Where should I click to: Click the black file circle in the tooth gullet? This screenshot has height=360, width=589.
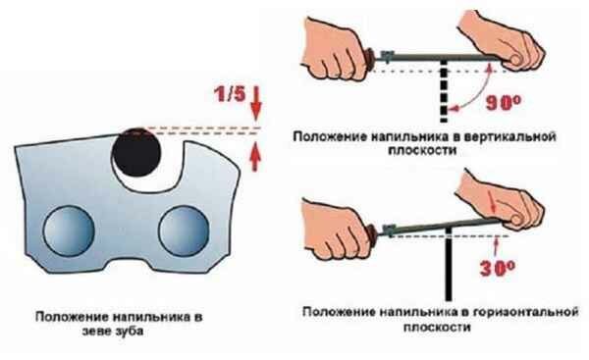pyautogui.click(x=136, y=152)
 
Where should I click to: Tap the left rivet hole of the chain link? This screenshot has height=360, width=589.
pyautogui.click(x=69, y=231)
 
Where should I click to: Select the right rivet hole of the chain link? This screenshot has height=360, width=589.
pyautogui.click(x=184, y=231)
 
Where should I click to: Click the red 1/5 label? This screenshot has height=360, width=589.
pyautogui.click(x=229, y=94)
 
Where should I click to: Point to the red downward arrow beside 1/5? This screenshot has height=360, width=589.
pyautogui.click(x=256, y=103)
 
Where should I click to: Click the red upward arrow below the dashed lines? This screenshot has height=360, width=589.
pyautogui.click(x=255, y=156)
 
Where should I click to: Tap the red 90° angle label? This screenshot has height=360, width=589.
pyautogui.click(x=504, y=102)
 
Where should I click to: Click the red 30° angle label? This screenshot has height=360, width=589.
pyautogui.click(x=497, y=268)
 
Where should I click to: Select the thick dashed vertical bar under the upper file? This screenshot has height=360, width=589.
pyautogui.click(x=444, y=91)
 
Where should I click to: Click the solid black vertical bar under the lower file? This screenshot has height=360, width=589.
pyautogui.click(x=449, y=265)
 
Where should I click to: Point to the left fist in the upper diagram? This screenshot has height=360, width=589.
pyautogui.click(x=335, y=49)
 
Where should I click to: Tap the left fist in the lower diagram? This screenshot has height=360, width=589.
pyautogui.click(x=336, y=229)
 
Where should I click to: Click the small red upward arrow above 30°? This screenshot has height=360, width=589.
pyautogui.click(x=497, y=246)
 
